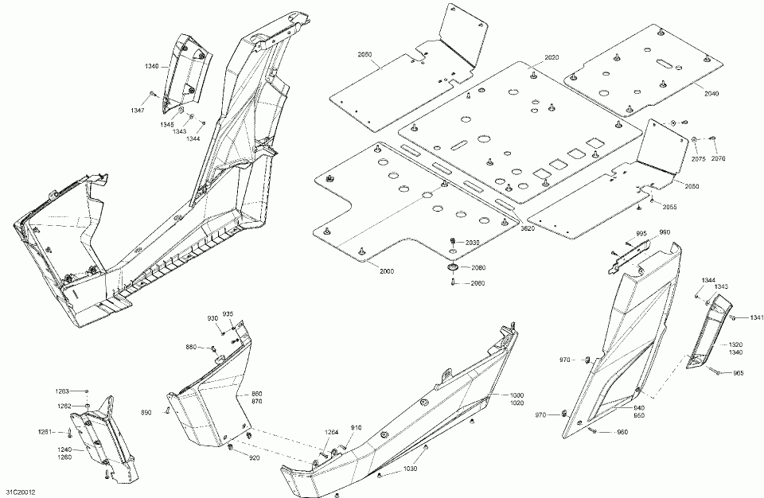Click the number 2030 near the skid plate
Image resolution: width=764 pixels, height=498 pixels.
[x=473, y=242]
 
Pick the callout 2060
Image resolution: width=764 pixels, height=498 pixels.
[x=477, y=284]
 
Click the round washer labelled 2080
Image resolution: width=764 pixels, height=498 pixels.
[x=453, y=268]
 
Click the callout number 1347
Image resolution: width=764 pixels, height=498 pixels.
[x=138, y=110]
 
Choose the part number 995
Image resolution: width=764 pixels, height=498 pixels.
[x=641, y=232]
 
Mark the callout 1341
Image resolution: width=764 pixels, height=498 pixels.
[x=756, y=318]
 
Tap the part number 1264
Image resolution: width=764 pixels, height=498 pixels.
[x=332, y=433]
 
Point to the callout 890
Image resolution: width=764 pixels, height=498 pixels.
[x=146, y=412]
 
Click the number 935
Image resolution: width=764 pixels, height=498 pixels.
[x=228, y=313]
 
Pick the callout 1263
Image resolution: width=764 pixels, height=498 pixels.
[x=62, y=391]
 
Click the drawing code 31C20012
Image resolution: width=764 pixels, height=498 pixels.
[x=20, y=493]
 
